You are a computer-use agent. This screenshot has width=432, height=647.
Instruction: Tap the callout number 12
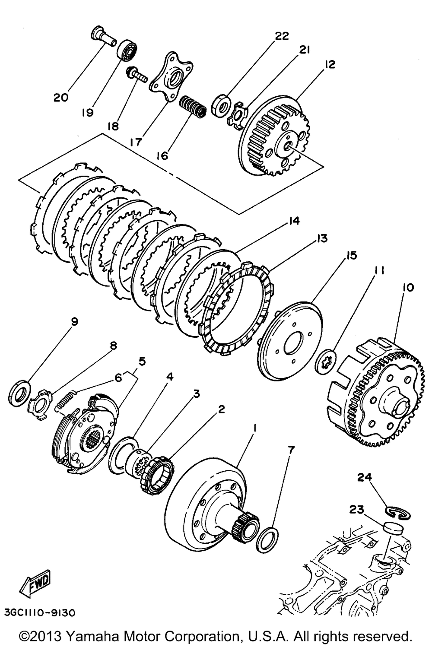(x=329, y=64)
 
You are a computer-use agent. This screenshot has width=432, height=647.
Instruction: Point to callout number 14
(x=293, y=221)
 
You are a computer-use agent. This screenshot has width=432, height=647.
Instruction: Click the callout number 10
(x=407, y=287)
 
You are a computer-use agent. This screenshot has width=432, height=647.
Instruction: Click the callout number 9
(x=74, y=321)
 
